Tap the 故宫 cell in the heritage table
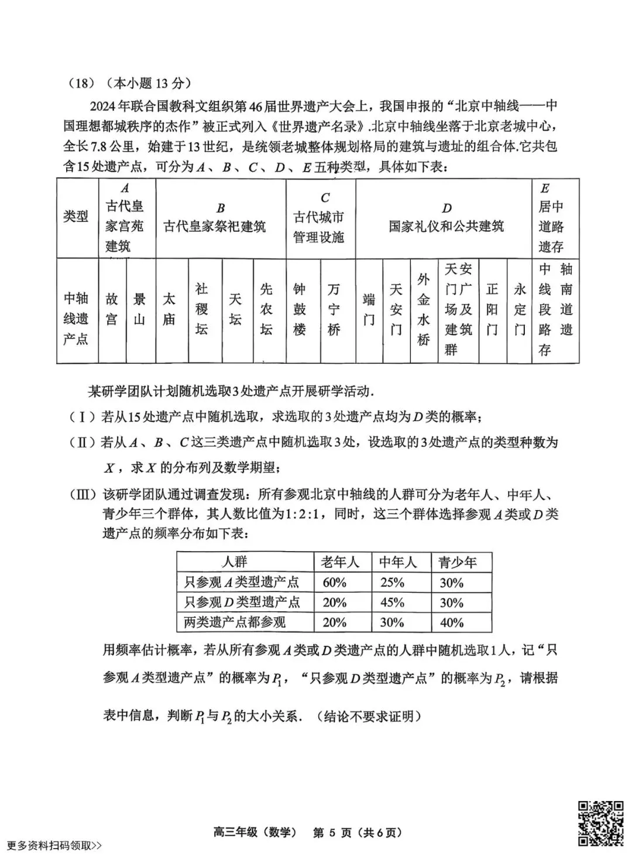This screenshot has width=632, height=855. click(112, 309)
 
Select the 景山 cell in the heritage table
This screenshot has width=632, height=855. click(140, 309)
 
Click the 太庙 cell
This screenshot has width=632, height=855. click(169, 309)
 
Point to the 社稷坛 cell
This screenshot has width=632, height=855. click(202, 309)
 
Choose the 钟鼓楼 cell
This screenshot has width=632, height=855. click(300, 309)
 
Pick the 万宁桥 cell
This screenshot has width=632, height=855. click(334, 309)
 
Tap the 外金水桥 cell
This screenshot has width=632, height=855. click(424, 309)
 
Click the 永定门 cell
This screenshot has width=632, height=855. click(520, 309)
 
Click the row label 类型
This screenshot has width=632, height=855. click(76, 217)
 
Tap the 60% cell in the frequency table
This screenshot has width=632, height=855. click(335, 583)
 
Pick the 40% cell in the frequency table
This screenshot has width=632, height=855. click(452, 623)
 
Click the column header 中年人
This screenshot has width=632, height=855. click(398, 562)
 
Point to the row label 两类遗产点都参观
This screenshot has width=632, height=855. click(235, 623)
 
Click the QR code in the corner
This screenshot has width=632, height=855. click(601, 823)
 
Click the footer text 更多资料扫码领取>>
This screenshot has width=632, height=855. click(54, 845)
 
